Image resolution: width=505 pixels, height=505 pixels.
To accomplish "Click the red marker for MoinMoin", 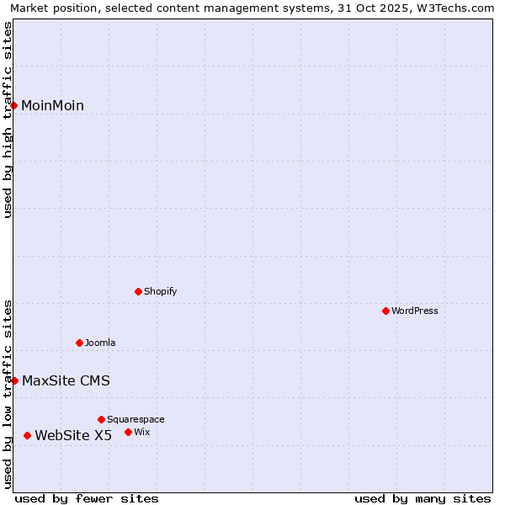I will [x=14, y=105].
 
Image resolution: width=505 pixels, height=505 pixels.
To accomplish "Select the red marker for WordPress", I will [x=386, y=311].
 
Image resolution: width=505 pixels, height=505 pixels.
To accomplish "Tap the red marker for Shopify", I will [x=139, y=291].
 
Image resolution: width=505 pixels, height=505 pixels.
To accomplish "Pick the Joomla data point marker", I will [x=80, y=343].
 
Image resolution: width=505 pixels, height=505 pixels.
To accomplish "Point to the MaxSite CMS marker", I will [x=14, y=380].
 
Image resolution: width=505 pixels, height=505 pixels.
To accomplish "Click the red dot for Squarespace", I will [x=102, y=419].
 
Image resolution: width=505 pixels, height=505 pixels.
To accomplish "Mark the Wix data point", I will [x=129, y=432].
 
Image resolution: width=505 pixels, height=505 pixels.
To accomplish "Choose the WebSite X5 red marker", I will [x=28, y=435].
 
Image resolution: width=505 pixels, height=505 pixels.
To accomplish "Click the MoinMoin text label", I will [x=52, y=105].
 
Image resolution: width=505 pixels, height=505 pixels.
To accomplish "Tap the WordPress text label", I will [x=415, y=311].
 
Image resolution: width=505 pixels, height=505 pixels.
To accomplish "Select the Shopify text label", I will [x=160, y=291].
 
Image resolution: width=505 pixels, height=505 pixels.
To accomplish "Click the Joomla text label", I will [x=100, y=343].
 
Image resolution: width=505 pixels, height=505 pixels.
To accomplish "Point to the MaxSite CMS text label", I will [x=66, y=380].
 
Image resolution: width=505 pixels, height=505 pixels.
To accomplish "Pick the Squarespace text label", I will [x=136, y=419].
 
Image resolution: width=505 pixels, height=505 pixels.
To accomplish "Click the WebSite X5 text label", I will [x=73, y=435].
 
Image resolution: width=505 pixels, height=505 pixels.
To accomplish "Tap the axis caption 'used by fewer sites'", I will [x=87, y=498].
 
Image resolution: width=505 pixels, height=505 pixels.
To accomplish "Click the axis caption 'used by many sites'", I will [x=423, y=498].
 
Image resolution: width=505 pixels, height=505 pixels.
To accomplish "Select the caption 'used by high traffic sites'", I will [x=8, y=120].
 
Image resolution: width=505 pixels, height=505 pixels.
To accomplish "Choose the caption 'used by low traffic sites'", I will [x=8, y=394].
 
